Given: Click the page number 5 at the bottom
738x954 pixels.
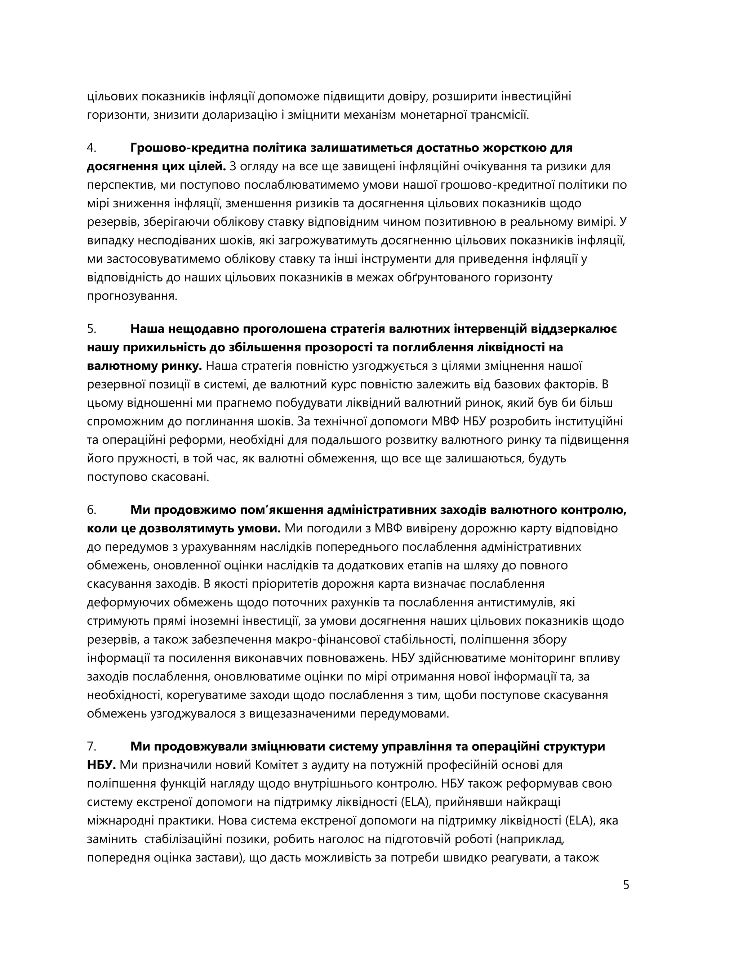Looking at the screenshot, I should coord(626,885).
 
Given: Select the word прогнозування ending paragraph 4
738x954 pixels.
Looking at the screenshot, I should coord(132,296).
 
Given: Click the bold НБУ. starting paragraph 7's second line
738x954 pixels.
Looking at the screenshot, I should coord(101,765).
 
